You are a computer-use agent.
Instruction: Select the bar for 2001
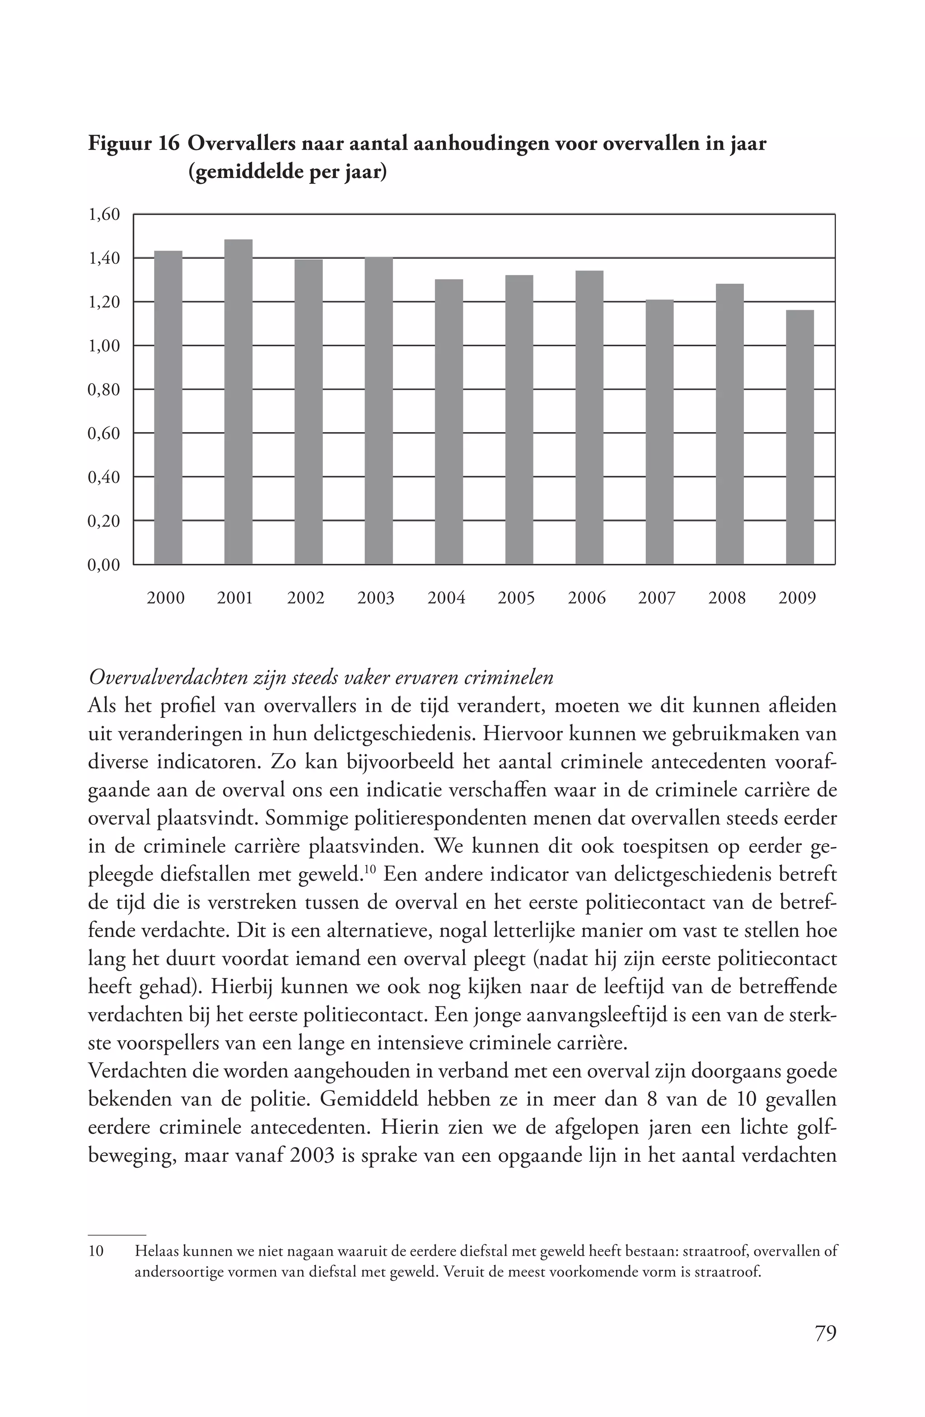click(238, 402)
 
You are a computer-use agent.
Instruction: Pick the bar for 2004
click(449, 421)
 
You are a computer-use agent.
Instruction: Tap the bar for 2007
click(659, 432)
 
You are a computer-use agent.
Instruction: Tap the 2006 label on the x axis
click(586, 598)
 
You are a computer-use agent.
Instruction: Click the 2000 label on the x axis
click(165, 598)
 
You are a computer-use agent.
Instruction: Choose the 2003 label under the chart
click(376, 598)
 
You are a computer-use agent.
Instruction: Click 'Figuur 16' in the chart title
click(134, 144)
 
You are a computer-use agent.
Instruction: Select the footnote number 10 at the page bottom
click(96, 1251)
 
